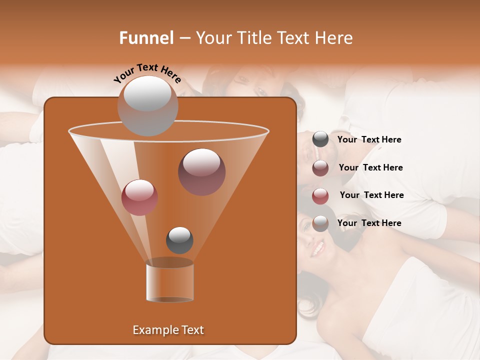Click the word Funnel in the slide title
tap(146, 38)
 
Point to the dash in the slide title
tap(184, 38)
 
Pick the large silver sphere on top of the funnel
tap(147, 105)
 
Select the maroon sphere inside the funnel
tap(201, 171)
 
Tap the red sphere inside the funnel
tap(139, 197)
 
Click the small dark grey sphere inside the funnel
tap(179, 240)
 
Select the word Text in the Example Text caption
tap(192, 330)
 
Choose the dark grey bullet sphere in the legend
tap(320, 139)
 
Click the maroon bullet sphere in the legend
tap(320, 168)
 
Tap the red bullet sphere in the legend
tap(320, 196)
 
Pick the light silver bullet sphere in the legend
tap(320, 223)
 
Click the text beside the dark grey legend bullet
tap(369, 139)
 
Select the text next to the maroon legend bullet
tap(370, 167)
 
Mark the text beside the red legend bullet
tap(371, 195)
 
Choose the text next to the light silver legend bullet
tap(369, 223)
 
